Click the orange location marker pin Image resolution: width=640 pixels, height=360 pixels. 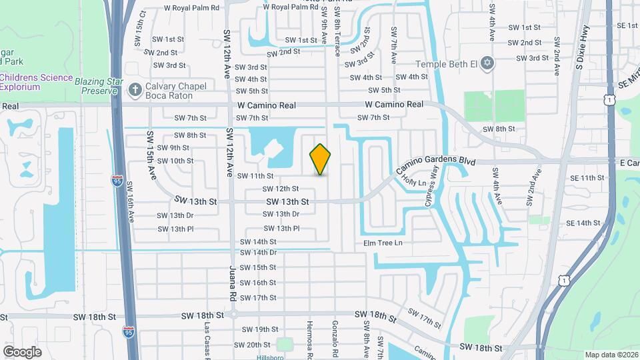click(321, 159)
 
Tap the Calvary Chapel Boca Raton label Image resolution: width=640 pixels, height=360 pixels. click(169, 91)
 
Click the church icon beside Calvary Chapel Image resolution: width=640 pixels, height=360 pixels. click(135, 89)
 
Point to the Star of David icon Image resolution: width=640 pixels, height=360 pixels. click(487, 63)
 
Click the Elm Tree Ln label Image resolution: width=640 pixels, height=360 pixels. click(383, 243)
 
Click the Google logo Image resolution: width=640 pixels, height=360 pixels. click(22, 351)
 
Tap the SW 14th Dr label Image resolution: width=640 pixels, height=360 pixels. click(259, 253)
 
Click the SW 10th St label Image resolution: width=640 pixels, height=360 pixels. click(172, 161)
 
